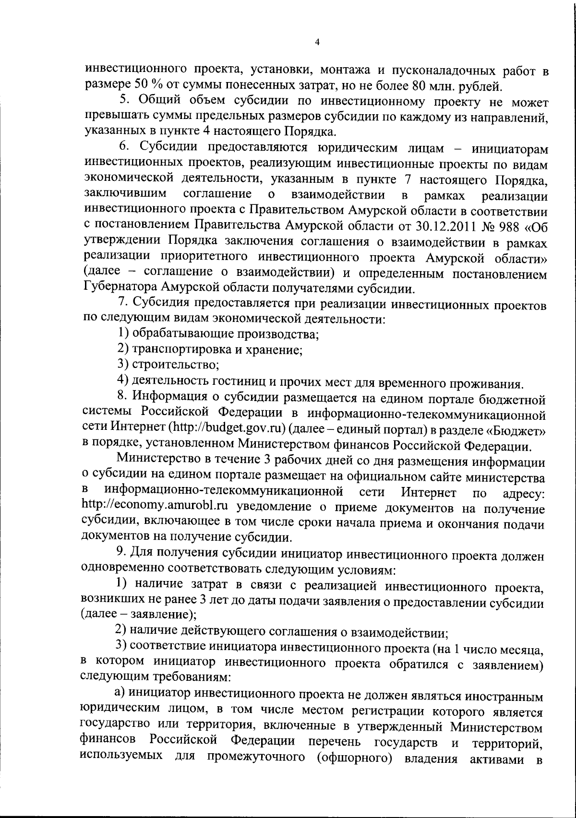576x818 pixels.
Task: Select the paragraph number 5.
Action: point(122,102)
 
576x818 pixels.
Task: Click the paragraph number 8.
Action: point(122,397)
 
